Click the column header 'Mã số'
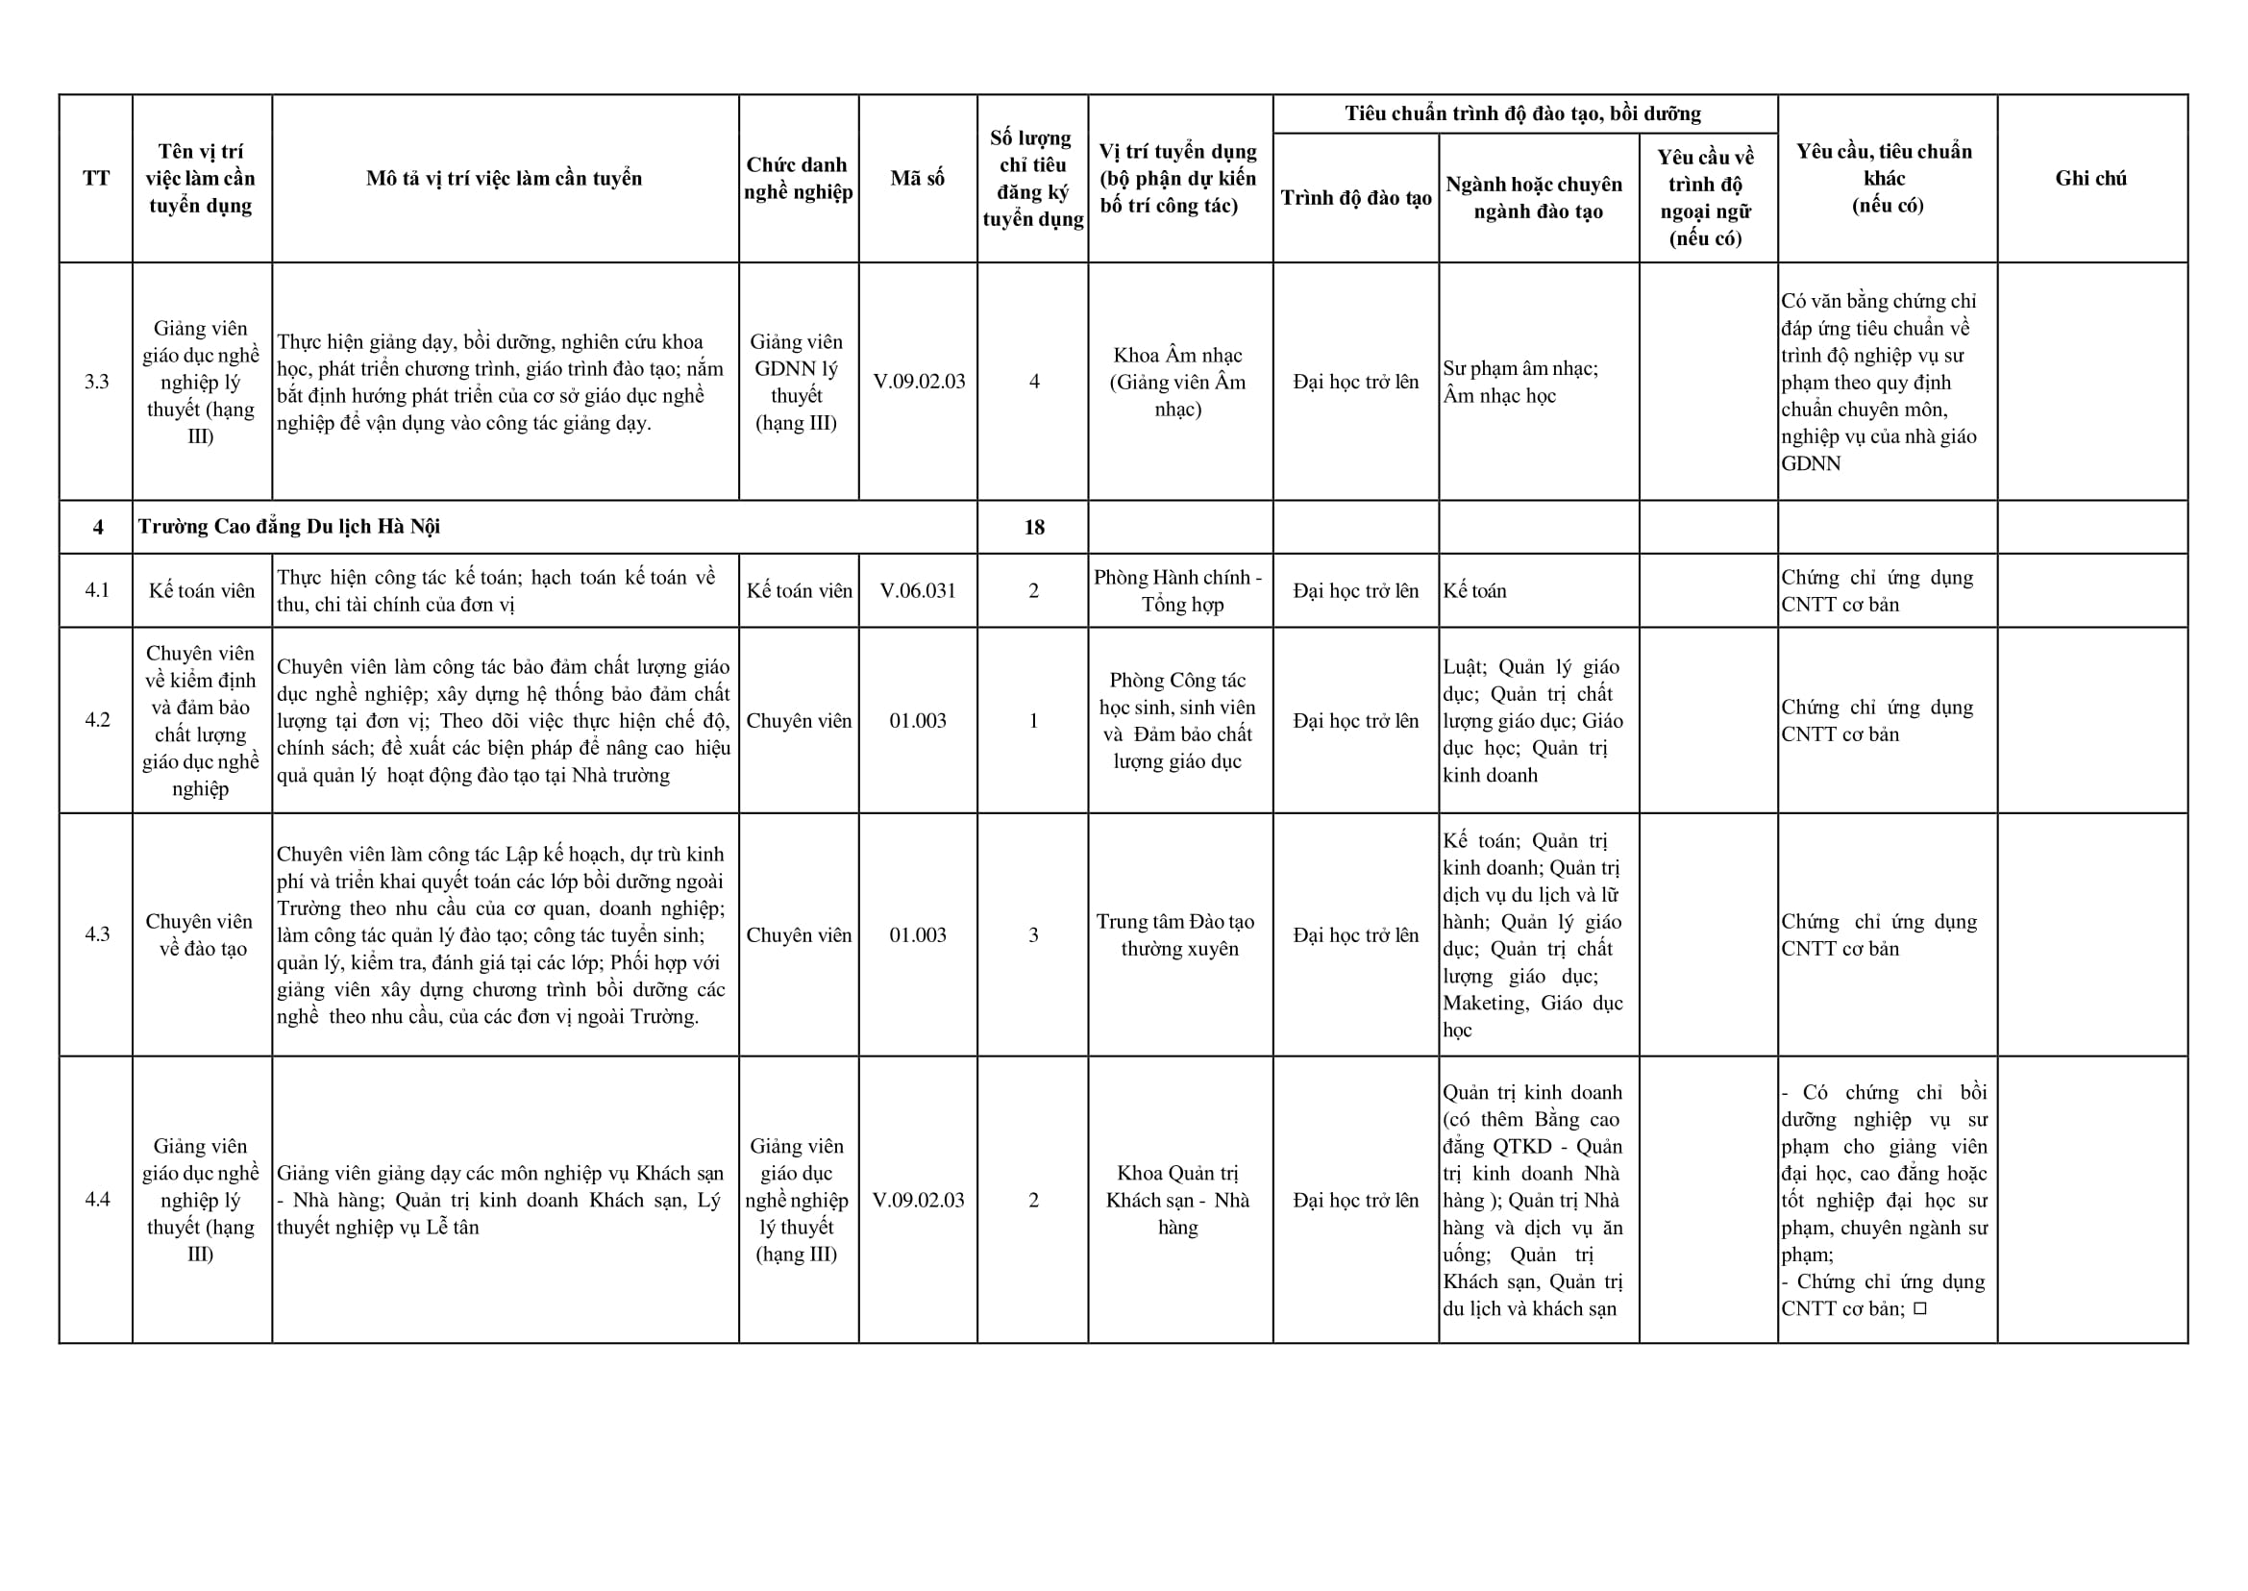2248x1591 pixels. pos(917,178)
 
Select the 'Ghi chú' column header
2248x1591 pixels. pos(2090,178)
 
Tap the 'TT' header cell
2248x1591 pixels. pos(96,178)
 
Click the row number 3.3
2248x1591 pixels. pos(96,382)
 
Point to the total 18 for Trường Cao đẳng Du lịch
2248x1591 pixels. pos(1033,527)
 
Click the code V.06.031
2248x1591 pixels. pos(917,591)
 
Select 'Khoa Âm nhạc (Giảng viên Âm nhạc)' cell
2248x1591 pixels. pos(1178,382)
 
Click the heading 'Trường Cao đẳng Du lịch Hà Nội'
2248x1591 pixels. pos(289,527)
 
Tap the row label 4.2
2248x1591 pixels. pos(97,720)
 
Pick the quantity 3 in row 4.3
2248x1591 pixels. pos(1033,934)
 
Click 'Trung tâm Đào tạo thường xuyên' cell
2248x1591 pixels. pos(1179,934)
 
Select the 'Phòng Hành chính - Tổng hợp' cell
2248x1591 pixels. pos(1178,591)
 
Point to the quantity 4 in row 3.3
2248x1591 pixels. pos(1033,382)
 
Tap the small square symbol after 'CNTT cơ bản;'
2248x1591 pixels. pos(1919,1307)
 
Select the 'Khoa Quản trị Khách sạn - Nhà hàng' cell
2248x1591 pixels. pos(1178,1200)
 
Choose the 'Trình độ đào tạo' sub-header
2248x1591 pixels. pos(1356,198)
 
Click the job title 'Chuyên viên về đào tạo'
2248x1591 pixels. pos(201,934)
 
